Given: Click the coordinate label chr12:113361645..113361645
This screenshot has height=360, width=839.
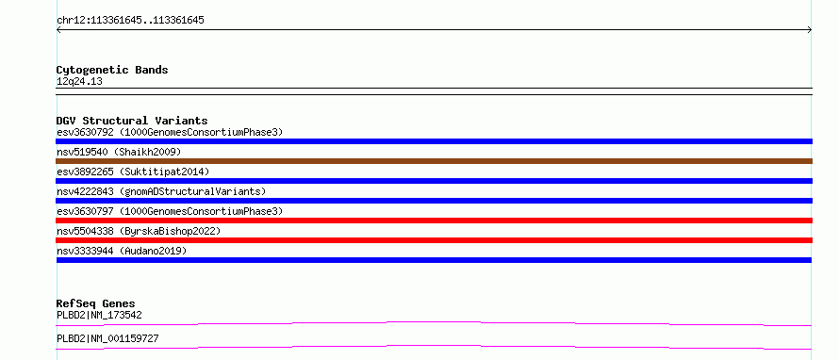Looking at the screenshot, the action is click(130, 21).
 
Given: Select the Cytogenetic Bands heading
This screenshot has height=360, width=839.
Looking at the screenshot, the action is click(112, 70).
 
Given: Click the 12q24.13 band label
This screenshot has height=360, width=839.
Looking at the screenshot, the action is click(79, 82).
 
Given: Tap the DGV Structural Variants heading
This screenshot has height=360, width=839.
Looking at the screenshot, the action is click(132, 121).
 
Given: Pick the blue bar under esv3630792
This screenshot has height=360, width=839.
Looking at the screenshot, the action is click(434, 141).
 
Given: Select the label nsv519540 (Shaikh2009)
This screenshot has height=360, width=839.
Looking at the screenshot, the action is click(119, 152).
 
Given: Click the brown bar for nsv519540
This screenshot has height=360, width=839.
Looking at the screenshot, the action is click(434, 161).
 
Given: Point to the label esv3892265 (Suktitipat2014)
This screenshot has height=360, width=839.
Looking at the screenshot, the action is click(133, 172).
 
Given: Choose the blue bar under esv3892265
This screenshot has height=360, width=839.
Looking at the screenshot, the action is click(434, 181).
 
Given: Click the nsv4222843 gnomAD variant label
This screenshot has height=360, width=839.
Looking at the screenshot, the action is click(161, 191).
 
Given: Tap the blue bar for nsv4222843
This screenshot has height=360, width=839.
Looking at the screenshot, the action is click(434, 201).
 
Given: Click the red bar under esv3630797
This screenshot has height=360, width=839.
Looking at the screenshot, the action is click(434, 221).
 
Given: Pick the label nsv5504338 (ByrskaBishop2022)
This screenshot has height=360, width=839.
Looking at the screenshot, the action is click(139, 231).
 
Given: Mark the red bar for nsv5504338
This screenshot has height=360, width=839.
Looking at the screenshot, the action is click(434, 240).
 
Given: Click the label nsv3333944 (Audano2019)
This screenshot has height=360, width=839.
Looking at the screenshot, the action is click(122, 251).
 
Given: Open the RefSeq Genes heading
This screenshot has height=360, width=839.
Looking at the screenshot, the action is click(96, 303).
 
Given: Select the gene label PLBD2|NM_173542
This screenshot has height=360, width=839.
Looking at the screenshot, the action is click(99, 316).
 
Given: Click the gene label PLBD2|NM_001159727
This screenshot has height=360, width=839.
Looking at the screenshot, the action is click(107, 339).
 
